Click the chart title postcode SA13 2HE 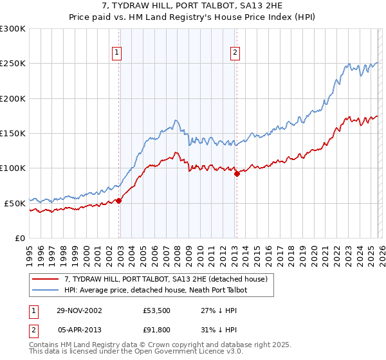[x=264, y=6]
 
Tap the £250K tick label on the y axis [x=13, y=64]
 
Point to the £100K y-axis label [x=13, y=168]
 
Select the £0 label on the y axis [x=19, y=238]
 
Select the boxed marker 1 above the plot [x=118, y=53]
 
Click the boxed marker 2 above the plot [x=235, y=53]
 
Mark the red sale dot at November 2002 [x=119, y=201]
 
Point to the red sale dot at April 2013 [x=237, y=174]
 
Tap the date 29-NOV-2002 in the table [x=80, y=310]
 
